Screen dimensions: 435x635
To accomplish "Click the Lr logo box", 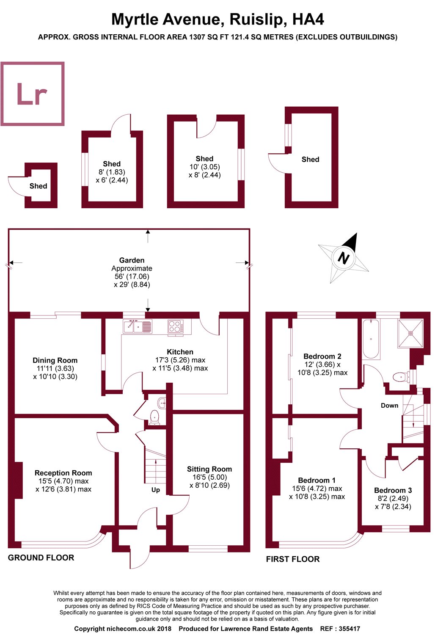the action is (x=33, y=94).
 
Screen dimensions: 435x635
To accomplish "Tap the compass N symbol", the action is (x=344, y=258).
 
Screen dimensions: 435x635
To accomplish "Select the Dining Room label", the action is (x=55, y=360).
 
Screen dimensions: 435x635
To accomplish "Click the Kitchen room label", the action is (x=180, y=352).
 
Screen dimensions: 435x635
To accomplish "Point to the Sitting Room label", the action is (x=209, y=469).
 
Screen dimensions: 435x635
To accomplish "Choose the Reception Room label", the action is (x=63, y=473).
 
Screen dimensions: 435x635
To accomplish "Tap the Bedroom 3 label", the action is (x=393, y=490).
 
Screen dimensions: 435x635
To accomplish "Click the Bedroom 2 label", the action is (x=322, y=356).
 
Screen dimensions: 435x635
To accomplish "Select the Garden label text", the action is (x=132, y=260).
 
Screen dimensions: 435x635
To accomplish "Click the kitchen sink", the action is (x=138, y=326).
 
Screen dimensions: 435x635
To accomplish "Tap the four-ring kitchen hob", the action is (x=176, y=326).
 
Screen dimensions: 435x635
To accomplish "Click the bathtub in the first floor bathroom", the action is (x=371, y=339).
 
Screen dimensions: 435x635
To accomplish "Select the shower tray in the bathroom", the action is (x=410, y=333).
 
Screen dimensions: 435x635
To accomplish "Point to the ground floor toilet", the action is (x=154, y=416).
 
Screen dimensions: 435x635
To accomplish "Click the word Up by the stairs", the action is (x=156, y=490).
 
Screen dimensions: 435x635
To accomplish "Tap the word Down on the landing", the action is (x=389, y=406).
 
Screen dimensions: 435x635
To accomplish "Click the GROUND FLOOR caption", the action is (x=41, y=558).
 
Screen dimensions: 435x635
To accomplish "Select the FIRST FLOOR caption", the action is (x=293, y=559).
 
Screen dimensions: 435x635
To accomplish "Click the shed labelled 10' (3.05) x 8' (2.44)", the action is (x=205, y=167).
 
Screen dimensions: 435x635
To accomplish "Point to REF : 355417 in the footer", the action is (x=340, y=629).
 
